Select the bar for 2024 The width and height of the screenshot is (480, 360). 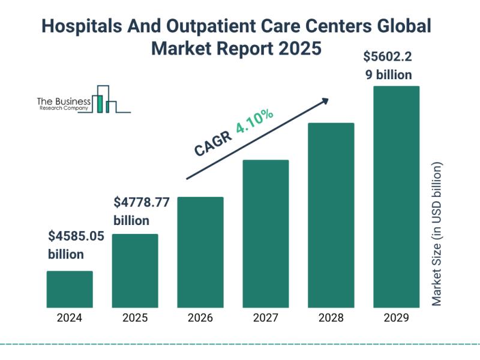(x=70, y=289)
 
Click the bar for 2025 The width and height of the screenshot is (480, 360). (x=135, y=271)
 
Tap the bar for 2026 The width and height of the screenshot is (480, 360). (x=200, y=252)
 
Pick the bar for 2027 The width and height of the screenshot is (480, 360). (x=266, y=233)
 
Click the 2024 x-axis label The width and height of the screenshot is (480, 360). (x=70, y=318)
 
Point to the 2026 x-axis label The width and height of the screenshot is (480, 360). (x=200, y=318)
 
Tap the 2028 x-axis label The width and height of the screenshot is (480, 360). (x=331, y=318)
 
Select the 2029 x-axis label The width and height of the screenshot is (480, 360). (x=397, y=318)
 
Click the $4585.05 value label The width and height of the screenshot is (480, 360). (x=76, y=236)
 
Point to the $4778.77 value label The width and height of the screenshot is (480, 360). (x=142, y=202)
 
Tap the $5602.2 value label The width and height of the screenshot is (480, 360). (x=388, y=58)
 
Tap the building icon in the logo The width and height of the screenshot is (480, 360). (x=104, y=100)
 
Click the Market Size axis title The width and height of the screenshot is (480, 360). (x=436, y=234)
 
